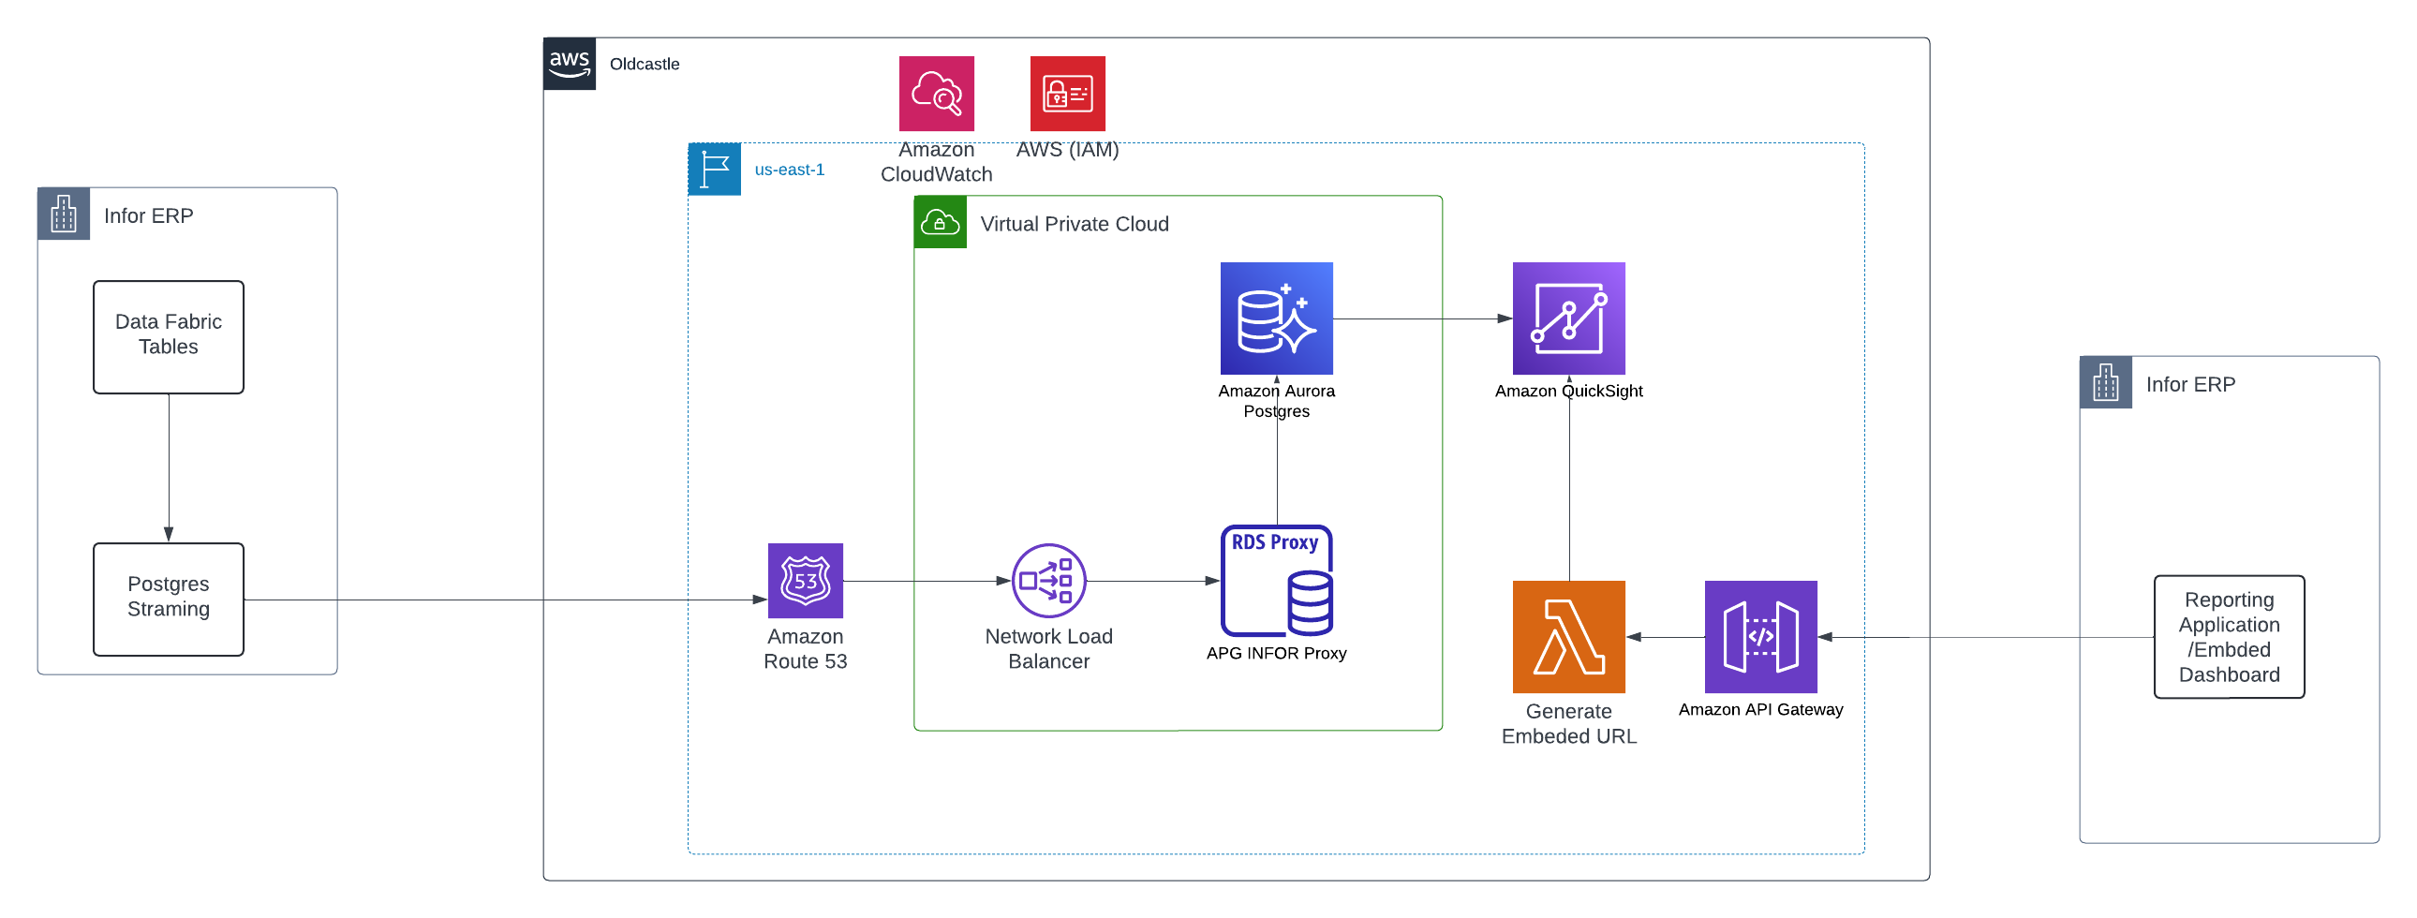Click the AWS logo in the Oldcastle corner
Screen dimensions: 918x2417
point(569,64)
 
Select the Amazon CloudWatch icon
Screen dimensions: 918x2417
point(936,93)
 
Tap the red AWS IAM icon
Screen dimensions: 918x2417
point(1067,93)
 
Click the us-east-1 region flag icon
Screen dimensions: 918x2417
point(714,169)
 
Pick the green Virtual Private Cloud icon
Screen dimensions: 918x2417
point(940,222)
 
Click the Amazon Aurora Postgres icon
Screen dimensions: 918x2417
point(1275,318)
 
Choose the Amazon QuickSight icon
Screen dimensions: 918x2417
point(1568,318)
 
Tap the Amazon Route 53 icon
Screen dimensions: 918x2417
point(805,580)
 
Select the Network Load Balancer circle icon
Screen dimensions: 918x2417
point(1048,580)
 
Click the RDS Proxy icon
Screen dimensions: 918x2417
point(1275,580)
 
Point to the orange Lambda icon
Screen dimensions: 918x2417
point(1568,636)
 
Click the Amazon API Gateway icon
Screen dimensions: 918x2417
point(1759,636)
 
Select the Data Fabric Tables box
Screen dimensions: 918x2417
point(169,336)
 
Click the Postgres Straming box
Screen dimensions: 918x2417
point(169,599)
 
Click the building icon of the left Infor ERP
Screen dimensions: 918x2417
point(63,214)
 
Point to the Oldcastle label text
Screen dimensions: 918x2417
point(644,64)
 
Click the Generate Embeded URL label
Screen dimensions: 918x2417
point(1568,723)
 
